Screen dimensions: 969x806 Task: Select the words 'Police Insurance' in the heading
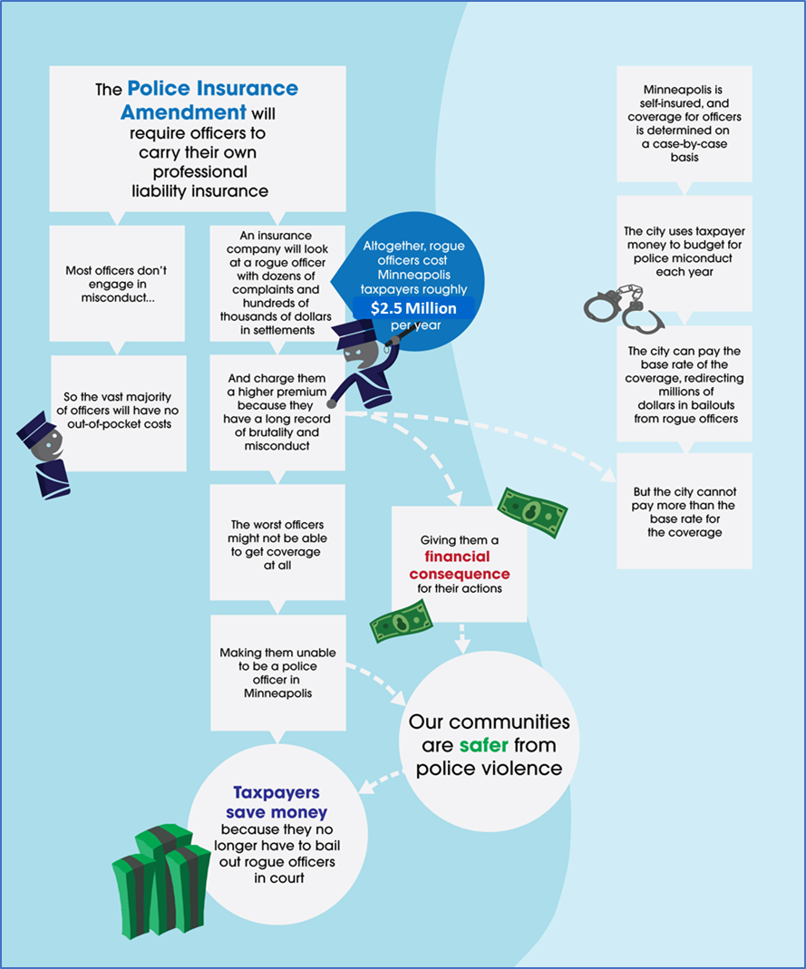212,90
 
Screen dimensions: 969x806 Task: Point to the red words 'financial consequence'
459,566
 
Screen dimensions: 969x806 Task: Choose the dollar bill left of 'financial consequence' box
400,621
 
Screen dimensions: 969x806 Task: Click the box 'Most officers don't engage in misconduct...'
117,283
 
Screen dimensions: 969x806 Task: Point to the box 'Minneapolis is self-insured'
685,124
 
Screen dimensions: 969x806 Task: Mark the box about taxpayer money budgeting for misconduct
685,251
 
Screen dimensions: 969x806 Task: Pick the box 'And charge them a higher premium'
277,412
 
